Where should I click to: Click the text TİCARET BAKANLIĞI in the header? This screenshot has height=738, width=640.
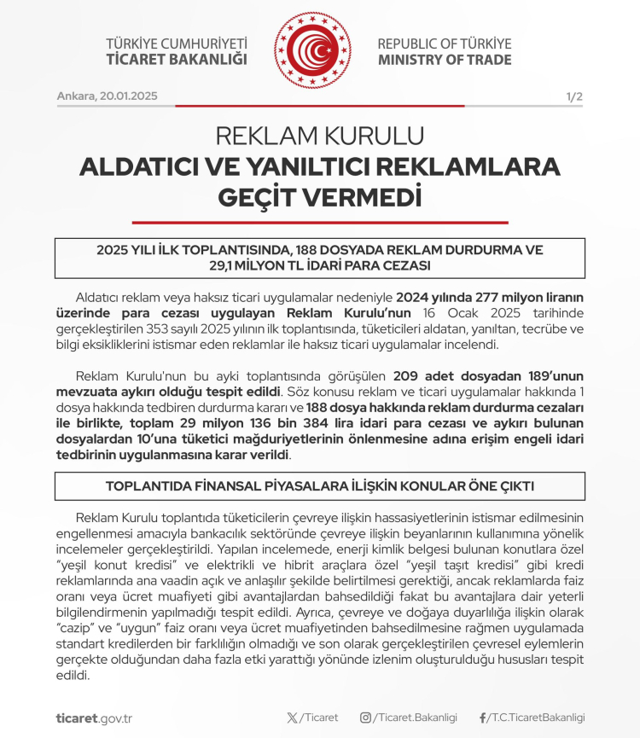click(177, 60)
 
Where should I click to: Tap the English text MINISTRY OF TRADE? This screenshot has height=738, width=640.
click(445, 60)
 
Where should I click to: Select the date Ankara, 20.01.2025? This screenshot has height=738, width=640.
click(107, 96)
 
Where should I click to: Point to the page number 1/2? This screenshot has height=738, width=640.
click(574, 96)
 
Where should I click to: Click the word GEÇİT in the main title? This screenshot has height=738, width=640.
click(261, 197)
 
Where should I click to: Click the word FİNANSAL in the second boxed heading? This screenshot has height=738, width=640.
click(265, 486)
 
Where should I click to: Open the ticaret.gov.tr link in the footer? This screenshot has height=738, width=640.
click(94, 718)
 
